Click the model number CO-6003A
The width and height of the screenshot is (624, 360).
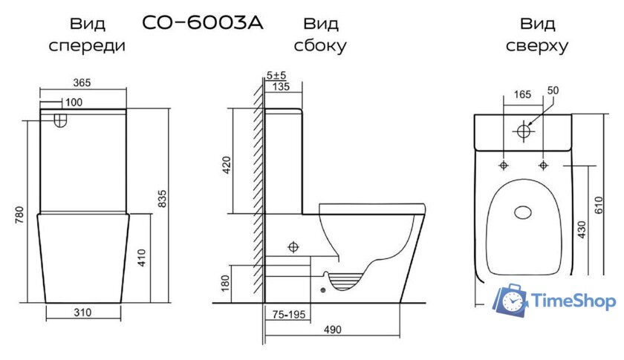pyautogui.click(x=202, y=22)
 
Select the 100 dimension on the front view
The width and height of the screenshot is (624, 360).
pyautogui.click(x=74, y=101)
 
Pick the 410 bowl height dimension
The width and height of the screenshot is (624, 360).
pyautogui.click(x=142, y=258)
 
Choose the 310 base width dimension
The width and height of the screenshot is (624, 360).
pyautogui.click(x=83, y=312)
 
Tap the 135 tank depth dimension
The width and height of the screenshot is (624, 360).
pyautogui.click(x=281, y=86)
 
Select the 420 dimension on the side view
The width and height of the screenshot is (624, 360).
pyautogui.click(x=227, y=165)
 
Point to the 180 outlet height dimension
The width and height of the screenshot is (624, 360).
pyautogui.click(x=227, y=284)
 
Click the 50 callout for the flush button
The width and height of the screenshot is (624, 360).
pyautogui.click(x=552, y=91)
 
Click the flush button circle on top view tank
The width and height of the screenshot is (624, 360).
pyautogui.click(x=524, y=131)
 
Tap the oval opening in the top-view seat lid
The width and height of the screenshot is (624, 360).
pyautogui.click(x=524, y=213)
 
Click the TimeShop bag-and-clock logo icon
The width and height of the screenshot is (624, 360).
pyautogui.click(x=510, y=300)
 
